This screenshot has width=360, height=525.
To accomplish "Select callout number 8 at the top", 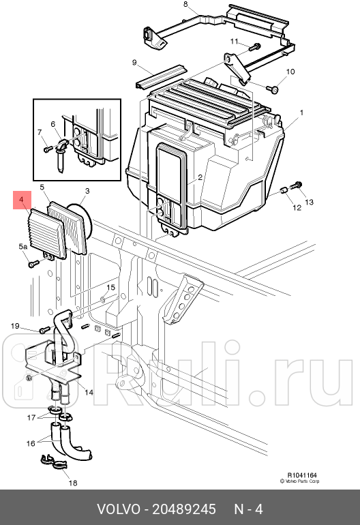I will (x=185, y=5).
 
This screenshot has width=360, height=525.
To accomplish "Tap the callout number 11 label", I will (x=234, y=42).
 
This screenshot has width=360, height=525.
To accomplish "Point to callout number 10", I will (x=290, y=72).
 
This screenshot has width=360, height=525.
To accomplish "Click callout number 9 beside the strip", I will (x=134, y=63).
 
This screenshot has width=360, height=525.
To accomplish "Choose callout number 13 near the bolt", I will (x=308, y=202).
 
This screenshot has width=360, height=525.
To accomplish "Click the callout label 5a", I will (x=22, y=246).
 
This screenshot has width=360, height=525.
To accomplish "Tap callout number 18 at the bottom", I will (x=73, y=483).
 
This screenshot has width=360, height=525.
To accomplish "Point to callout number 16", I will (x=31, y=443).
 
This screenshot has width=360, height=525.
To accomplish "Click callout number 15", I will (x=110, y=288).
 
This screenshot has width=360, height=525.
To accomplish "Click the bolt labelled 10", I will (x=273, y=89).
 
